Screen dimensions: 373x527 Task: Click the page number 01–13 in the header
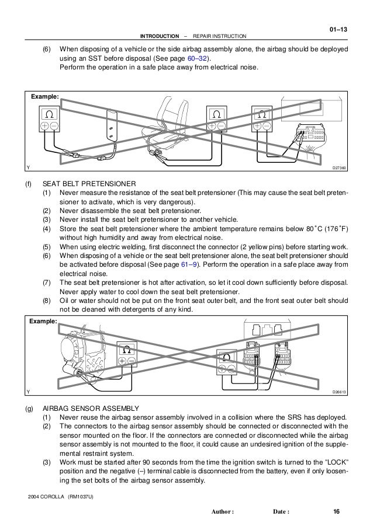coord(339,29)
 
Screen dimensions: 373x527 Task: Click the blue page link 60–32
coord(197,58)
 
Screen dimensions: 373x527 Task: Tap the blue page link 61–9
coord(189,264)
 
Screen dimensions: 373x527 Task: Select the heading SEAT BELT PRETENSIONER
coord(89,184)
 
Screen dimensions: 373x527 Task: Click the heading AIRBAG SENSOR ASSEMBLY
coord(91,409)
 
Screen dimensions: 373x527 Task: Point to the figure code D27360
coord(339,168)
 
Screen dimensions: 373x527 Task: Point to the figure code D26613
coord(339,392)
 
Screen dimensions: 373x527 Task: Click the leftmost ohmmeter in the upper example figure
coord(49,118)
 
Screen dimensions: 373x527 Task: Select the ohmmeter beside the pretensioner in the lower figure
coord(127,354)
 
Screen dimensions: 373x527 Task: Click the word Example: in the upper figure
coord(45,96)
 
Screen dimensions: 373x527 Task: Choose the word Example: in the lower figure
coord(43,321)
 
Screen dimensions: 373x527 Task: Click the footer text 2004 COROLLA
coord(46,497)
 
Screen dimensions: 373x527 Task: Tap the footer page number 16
coord(336,512)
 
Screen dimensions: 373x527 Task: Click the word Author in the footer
coord(221,512)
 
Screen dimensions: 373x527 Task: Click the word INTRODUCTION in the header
coord(160,36)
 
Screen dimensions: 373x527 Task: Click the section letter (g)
coord(29,409)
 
